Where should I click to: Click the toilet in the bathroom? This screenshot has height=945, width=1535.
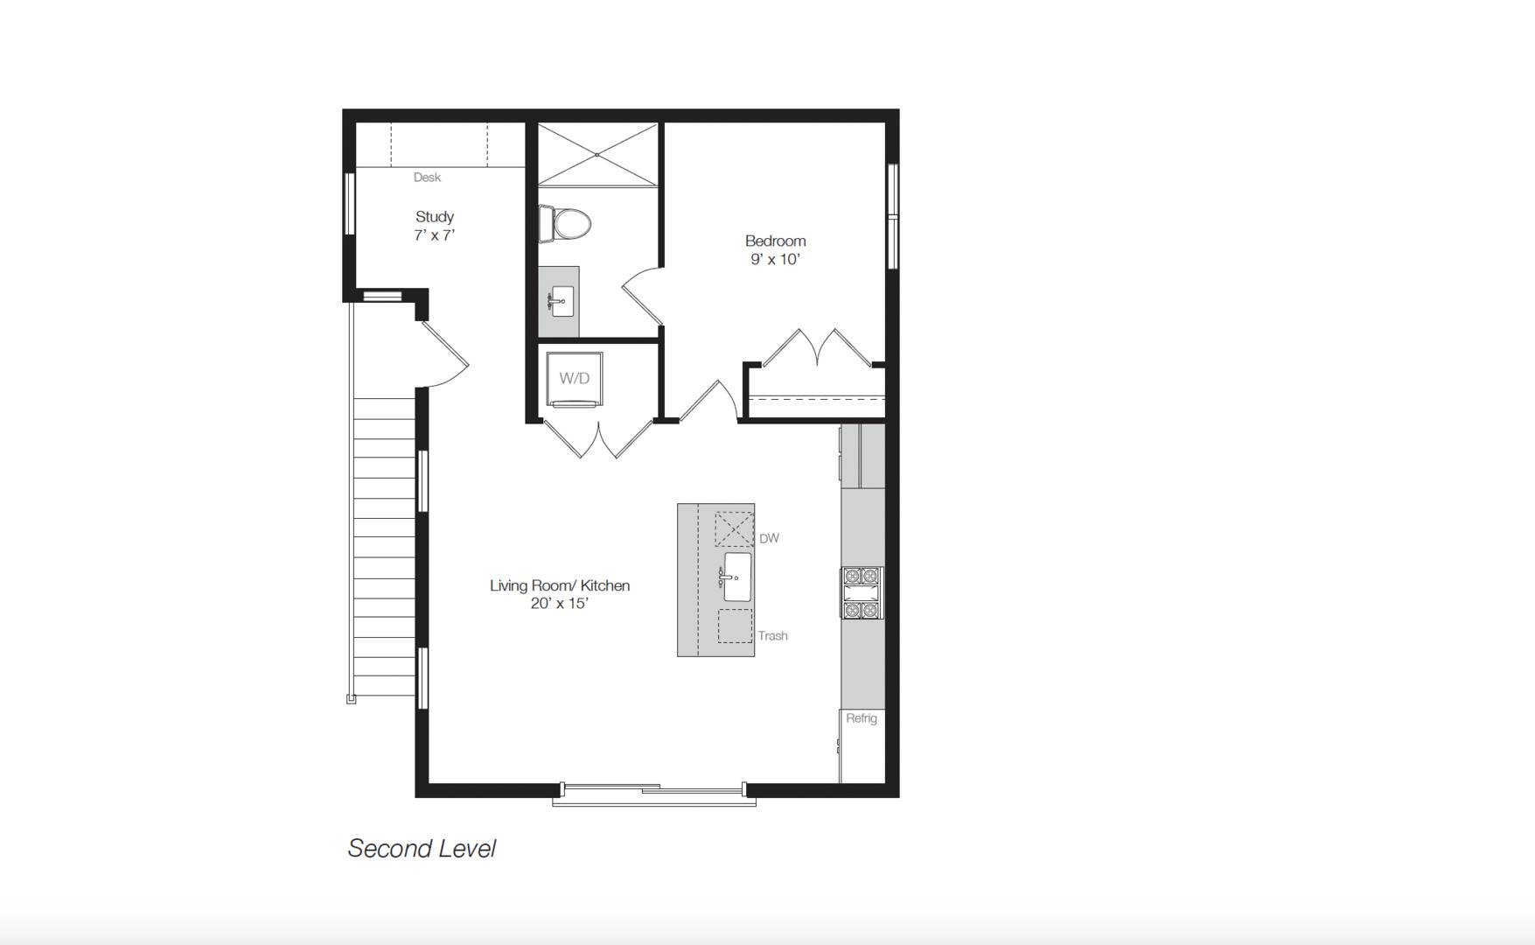point(567,224)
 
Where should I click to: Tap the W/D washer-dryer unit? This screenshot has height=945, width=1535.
point(575,379)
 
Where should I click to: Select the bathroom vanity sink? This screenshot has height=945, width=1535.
point(561,301)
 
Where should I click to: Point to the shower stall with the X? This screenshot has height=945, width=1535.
point(597,155)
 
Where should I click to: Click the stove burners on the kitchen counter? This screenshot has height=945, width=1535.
point(862,592)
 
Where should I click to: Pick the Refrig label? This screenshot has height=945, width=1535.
point(862,718)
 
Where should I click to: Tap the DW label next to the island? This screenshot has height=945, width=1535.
point(769,538)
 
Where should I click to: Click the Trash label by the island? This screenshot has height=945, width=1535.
point(772,636)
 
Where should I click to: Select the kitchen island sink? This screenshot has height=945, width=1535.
point(736,577)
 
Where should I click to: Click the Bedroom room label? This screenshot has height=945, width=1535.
point(775,241)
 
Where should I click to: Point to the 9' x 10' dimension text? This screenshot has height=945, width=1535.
point(775,260)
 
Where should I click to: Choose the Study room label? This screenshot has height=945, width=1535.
point(435,216)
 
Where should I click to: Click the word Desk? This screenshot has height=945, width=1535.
point(427,178)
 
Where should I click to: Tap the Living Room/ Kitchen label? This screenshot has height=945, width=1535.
point(559,585)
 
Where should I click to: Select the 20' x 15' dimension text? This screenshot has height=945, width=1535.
point(559,604)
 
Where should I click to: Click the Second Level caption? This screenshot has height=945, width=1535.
point(422,849)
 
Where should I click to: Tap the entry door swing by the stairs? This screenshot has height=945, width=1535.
point(446,354)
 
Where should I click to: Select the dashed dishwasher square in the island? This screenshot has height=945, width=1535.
point(734,528)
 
